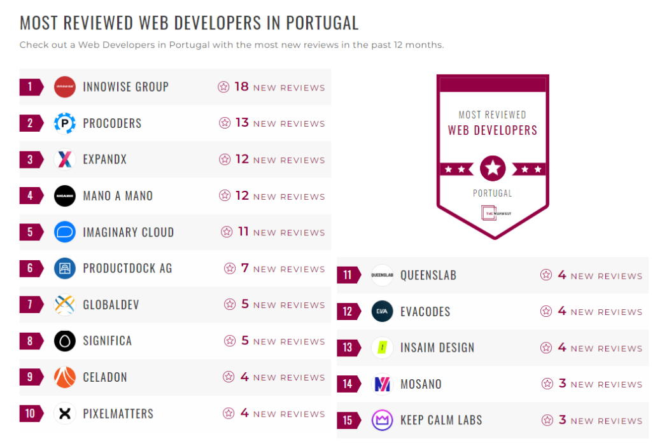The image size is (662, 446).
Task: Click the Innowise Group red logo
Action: point(65,87)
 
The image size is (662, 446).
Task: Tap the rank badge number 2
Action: point(30,123)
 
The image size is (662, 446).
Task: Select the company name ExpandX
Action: point(105,159)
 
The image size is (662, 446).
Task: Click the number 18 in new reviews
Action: point(241,87)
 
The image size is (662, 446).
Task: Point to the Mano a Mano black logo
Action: point(65,195)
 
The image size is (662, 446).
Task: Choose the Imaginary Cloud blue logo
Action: point(65,232)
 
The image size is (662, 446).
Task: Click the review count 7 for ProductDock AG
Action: point(245,268)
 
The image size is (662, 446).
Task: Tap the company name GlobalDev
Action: point(111,304)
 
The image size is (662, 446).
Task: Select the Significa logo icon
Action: point(65,340)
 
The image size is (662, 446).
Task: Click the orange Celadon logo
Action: point(65,377)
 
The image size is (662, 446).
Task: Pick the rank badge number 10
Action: point(30,413)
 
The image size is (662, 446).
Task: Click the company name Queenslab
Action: point(428,275)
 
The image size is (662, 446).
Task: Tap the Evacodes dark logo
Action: point(383,311)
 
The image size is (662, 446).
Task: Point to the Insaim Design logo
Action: point(383,347)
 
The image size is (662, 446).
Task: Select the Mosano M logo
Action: point(383,384)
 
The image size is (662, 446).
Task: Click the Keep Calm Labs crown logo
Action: point(383,420)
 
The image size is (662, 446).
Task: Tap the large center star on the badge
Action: point(493,169)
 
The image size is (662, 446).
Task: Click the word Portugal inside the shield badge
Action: point(493,193)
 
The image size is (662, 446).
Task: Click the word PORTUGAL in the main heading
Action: point(322,23)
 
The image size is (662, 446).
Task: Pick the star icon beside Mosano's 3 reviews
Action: point(547,384)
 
